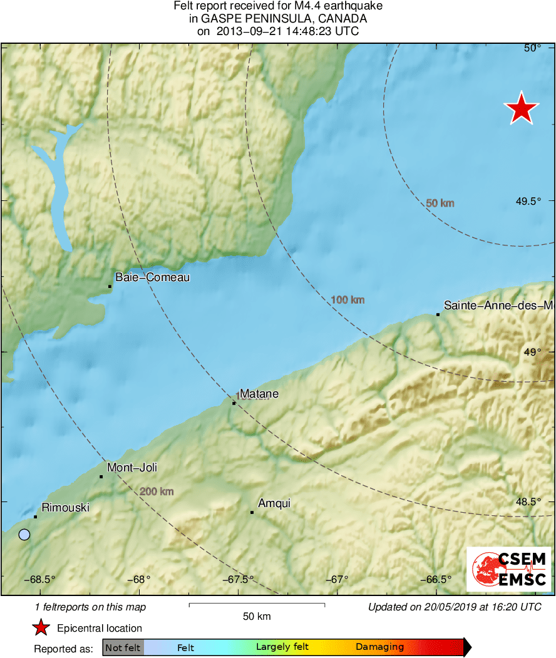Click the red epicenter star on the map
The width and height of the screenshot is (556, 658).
coord(521,108)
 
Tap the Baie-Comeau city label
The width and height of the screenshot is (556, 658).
coord(152,277)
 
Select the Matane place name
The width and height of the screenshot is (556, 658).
coord(259,394)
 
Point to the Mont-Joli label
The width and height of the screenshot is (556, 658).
coord(131,468)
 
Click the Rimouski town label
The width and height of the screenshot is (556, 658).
coord(65,508)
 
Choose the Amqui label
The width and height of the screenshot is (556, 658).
coord(274,503)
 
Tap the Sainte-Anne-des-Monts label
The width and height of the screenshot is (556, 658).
coord(498,306)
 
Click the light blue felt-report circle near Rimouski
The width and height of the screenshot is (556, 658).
coord(24,535)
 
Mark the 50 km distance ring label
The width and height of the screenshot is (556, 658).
coord(440,203)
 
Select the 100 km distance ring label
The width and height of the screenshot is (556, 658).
coord(347,300)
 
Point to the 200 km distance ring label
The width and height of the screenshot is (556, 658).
coord(157,491)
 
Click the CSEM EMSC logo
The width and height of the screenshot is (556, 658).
coord(508,569)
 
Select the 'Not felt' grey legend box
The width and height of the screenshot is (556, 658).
coord(123,647)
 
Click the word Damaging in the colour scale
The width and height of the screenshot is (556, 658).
coord(379,647)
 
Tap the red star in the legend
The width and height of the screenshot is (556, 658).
coord(41,628)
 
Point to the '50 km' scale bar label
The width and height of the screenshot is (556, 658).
coord(257,617)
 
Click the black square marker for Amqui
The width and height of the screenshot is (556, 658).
coord(252,512)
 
